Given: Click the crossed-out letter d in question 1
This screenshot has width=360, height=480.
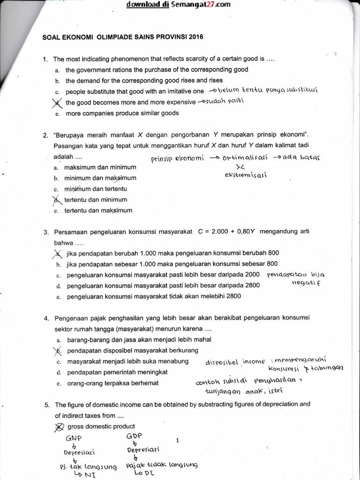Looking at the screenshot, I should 57,102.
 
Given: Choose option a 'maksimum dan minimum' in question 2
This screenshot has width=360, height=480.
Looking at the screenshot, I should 100,167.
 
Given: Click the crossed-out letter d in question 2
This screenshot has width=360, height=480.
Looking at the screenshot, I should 57,200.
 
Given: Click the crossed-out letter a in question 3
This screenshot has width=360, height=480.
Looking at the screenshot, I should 58,254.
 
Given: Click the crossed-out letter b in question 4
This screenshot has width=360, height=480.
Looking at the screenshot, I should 58,351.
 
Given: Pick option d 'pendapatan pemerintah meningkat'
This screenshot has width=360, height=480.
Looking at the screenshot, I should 117,372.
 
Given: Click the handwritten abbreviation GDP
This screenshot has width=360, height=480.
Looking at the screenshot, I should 134,436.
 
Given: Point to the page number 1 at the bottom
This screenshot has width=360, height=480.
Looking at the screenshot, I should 177,441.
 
